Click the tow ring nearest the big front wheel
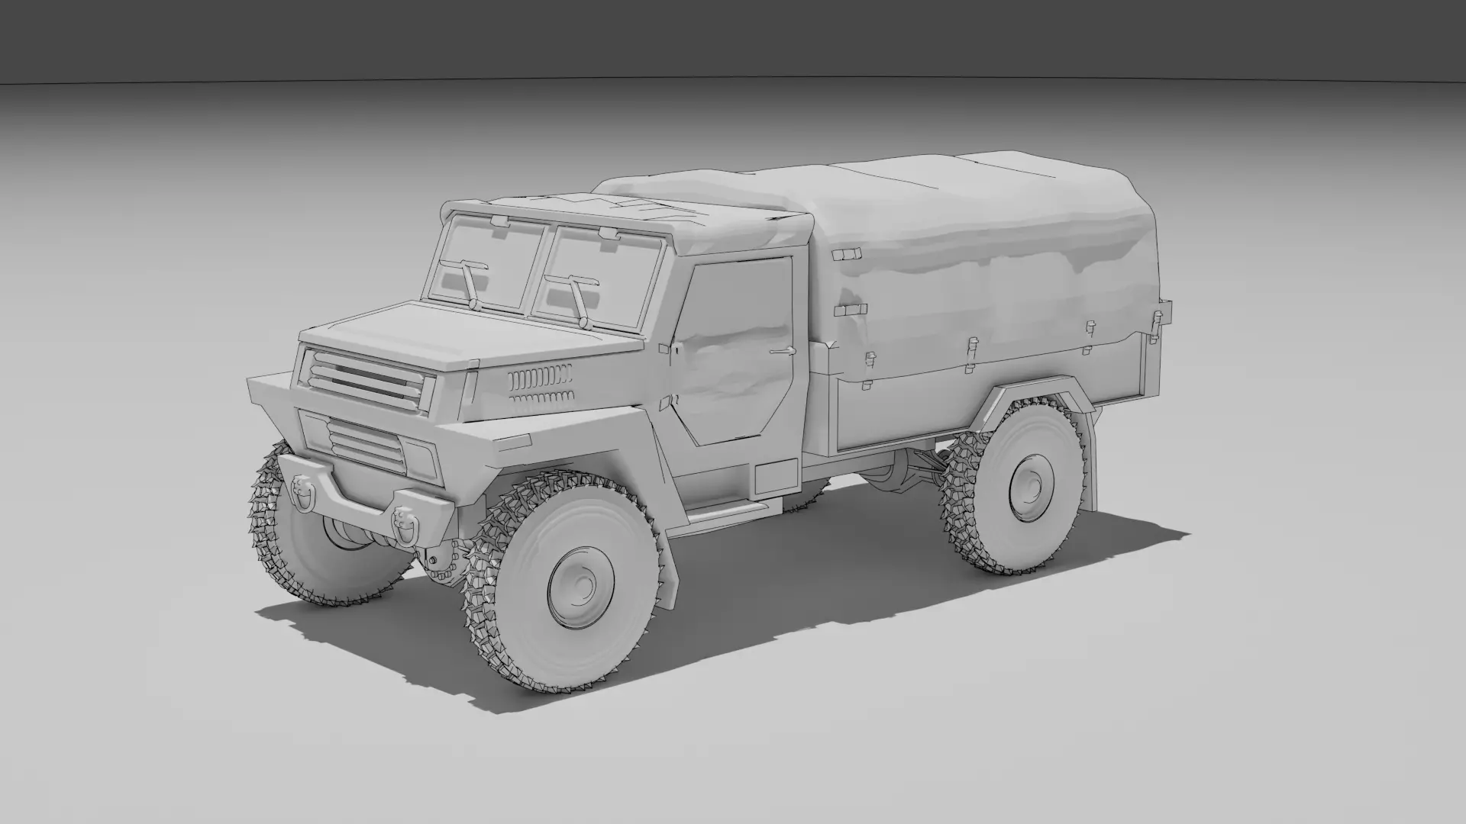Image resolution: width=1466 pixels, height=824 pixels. tap(402, 524)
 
